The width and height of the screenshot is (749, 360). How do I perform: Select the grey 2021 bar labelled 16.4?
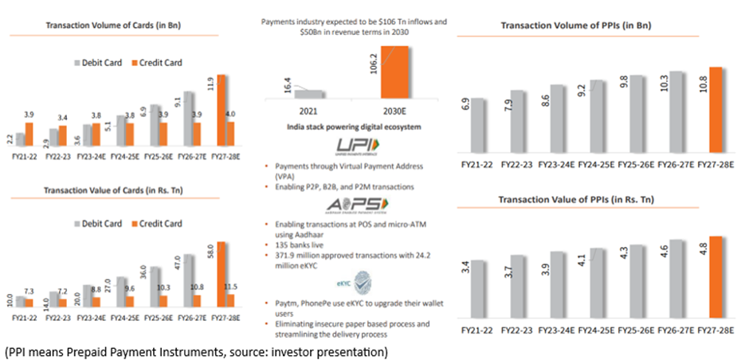310,93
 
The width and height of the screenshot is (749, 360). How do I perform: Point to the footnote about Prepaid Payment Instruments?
196,350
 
